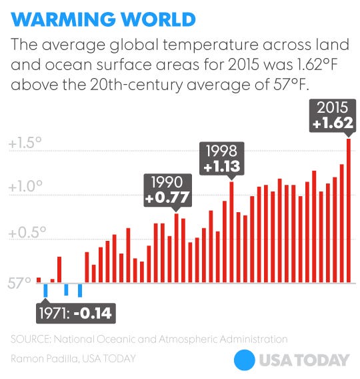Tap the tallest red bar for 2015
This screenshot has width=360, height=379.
349,210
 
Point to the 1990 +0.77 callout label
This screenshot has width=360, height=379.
168,190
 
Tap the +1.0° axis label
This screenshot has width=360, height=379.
25,187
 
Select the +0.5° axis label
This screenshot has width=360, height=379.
25,233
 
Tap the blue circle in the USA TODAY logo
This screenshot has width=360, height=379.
245,360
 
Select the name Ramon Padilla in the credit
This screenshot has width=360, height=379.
41,358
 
